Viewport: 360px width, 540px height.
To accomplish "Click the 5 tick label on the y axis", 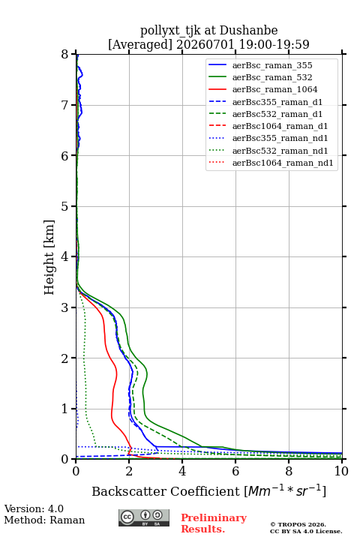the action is click(65, 206).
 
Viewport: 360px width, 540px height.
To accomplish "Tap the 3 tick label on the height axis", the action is click(65, 307).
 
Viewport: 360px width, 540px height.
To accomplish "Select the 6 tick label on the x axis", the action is click(235, 471).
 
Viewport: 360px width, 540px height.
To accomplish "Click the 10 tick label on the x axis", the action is click(342, 471).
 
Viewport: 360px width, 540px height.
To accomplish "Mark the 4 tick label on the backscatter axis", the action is click(182, 471).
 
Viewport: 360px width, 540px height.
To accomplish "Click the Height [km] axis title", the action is click(49, 257).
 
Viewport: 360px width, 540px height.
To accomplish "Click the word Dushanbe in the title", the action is click(248, 30).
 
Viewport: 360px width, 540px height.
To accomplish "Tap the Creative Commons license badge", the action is click(144, 517).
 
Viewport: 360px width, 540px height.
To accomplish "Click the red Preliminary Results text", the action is click(214, 523).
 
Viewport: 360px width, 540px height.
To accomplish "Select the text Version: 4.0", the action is click(34, 508).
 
